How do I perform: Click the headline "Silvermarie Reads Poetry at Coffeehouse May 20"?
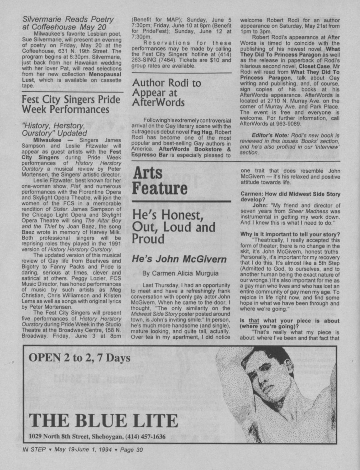coord(68,23)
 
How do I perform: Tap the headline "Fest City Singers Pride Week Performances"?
coord(71,104)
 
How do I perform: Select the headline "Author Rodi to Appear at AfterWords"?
coord(166,92)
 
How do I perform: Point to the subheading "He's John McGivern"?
coord(179,259)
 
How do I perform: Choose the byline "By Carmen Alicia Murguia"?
coord(180,273)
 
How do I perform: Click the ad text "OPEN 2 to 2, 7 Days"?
coord(79,358)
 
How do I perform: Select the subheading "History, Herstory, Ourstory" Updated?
coord(54,129)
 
